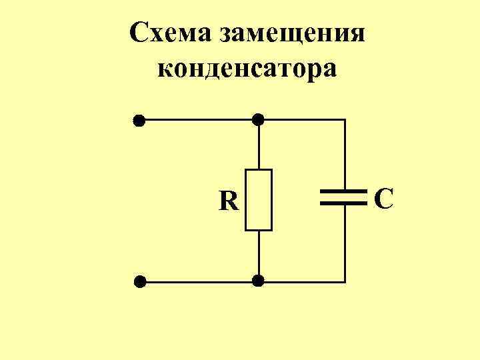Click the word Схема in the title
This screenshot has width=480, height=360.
(167, 32)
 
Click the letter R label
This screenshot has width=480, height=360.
(229, 201)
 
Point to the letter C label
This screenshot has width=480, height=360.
(383, 199)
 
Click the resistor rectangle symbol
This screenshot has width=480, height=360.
(259, 200)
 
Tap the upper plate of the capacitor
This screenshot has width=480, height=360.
(344, 191)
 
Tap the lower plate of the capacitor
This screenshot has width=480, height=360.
(344, 202)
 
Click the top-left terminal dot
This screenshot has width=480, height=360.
(139, 121)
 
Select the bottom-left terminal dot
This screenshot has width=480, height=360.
(139, 281)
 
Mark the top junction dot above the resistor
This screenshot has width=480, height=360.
(259, 120)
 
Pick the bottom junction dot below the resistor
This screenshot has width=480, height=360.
(259, 281)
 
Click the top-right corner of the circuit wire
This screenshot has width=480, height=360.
(345, 120)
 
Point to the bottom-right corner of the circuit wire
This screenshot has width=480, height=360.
(345, 281)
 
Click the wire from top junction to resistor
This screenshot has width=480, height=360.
(259, 145)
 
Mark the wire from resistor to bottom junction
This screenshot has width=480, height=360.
(259, 255)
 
